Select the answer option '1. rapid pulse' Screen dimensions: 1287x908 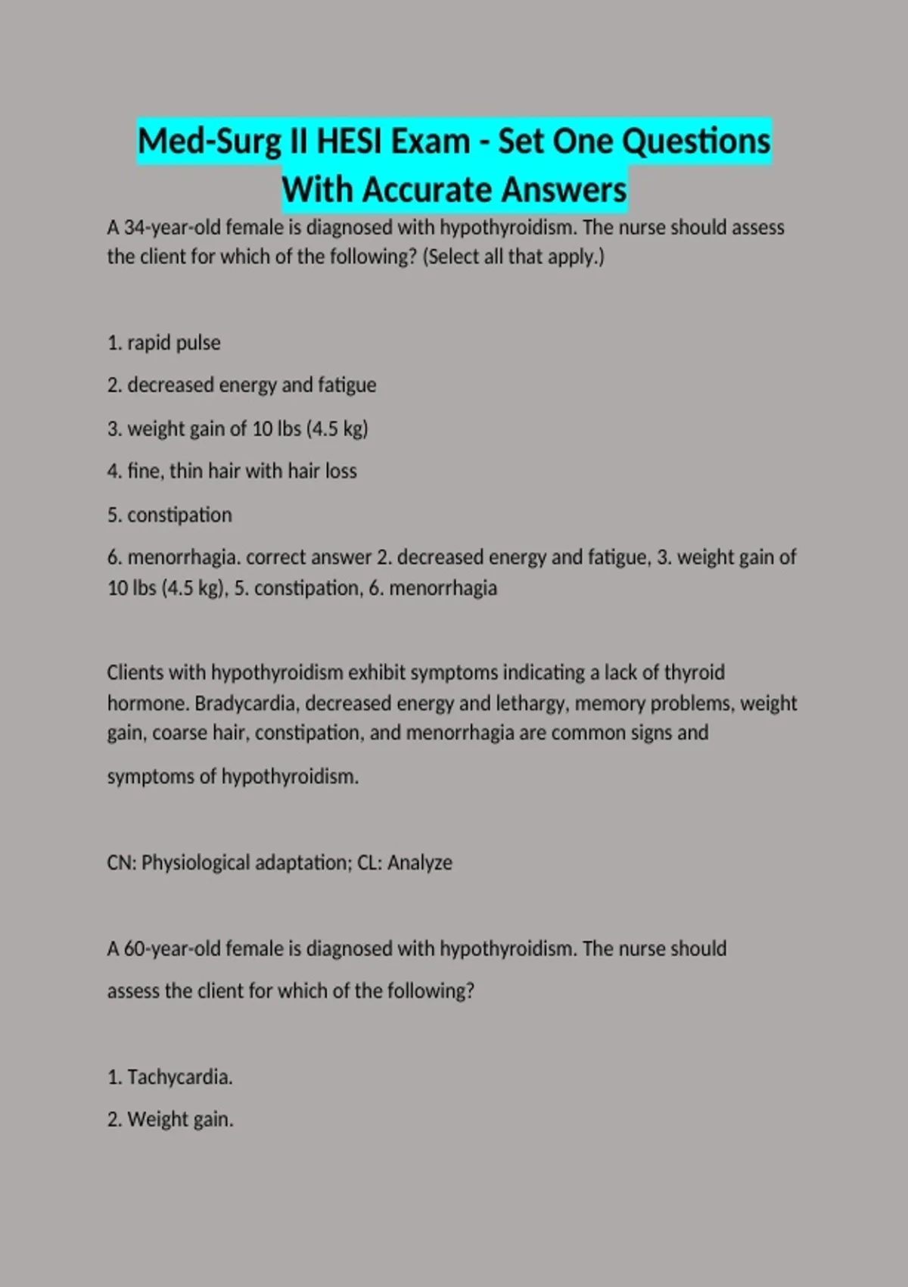[x=164, y=343]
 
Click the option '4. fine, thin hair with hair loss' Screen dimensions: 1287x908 [x=232, y=471]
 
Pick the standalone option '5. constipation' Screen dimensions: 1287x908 [x=169, y=515]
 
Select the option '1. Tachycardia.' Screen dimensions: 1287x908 [x=169, y=1077]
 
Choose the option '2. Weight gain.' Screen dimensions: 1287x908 [x=170, y=1119]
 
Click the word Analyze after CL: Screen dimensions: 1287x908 [x=420, y=863]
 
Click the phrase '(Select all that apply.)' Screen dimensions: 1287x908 [x=514, y=257]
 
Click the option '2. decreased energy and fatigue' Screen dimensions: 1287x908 [x=241, y=385]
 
